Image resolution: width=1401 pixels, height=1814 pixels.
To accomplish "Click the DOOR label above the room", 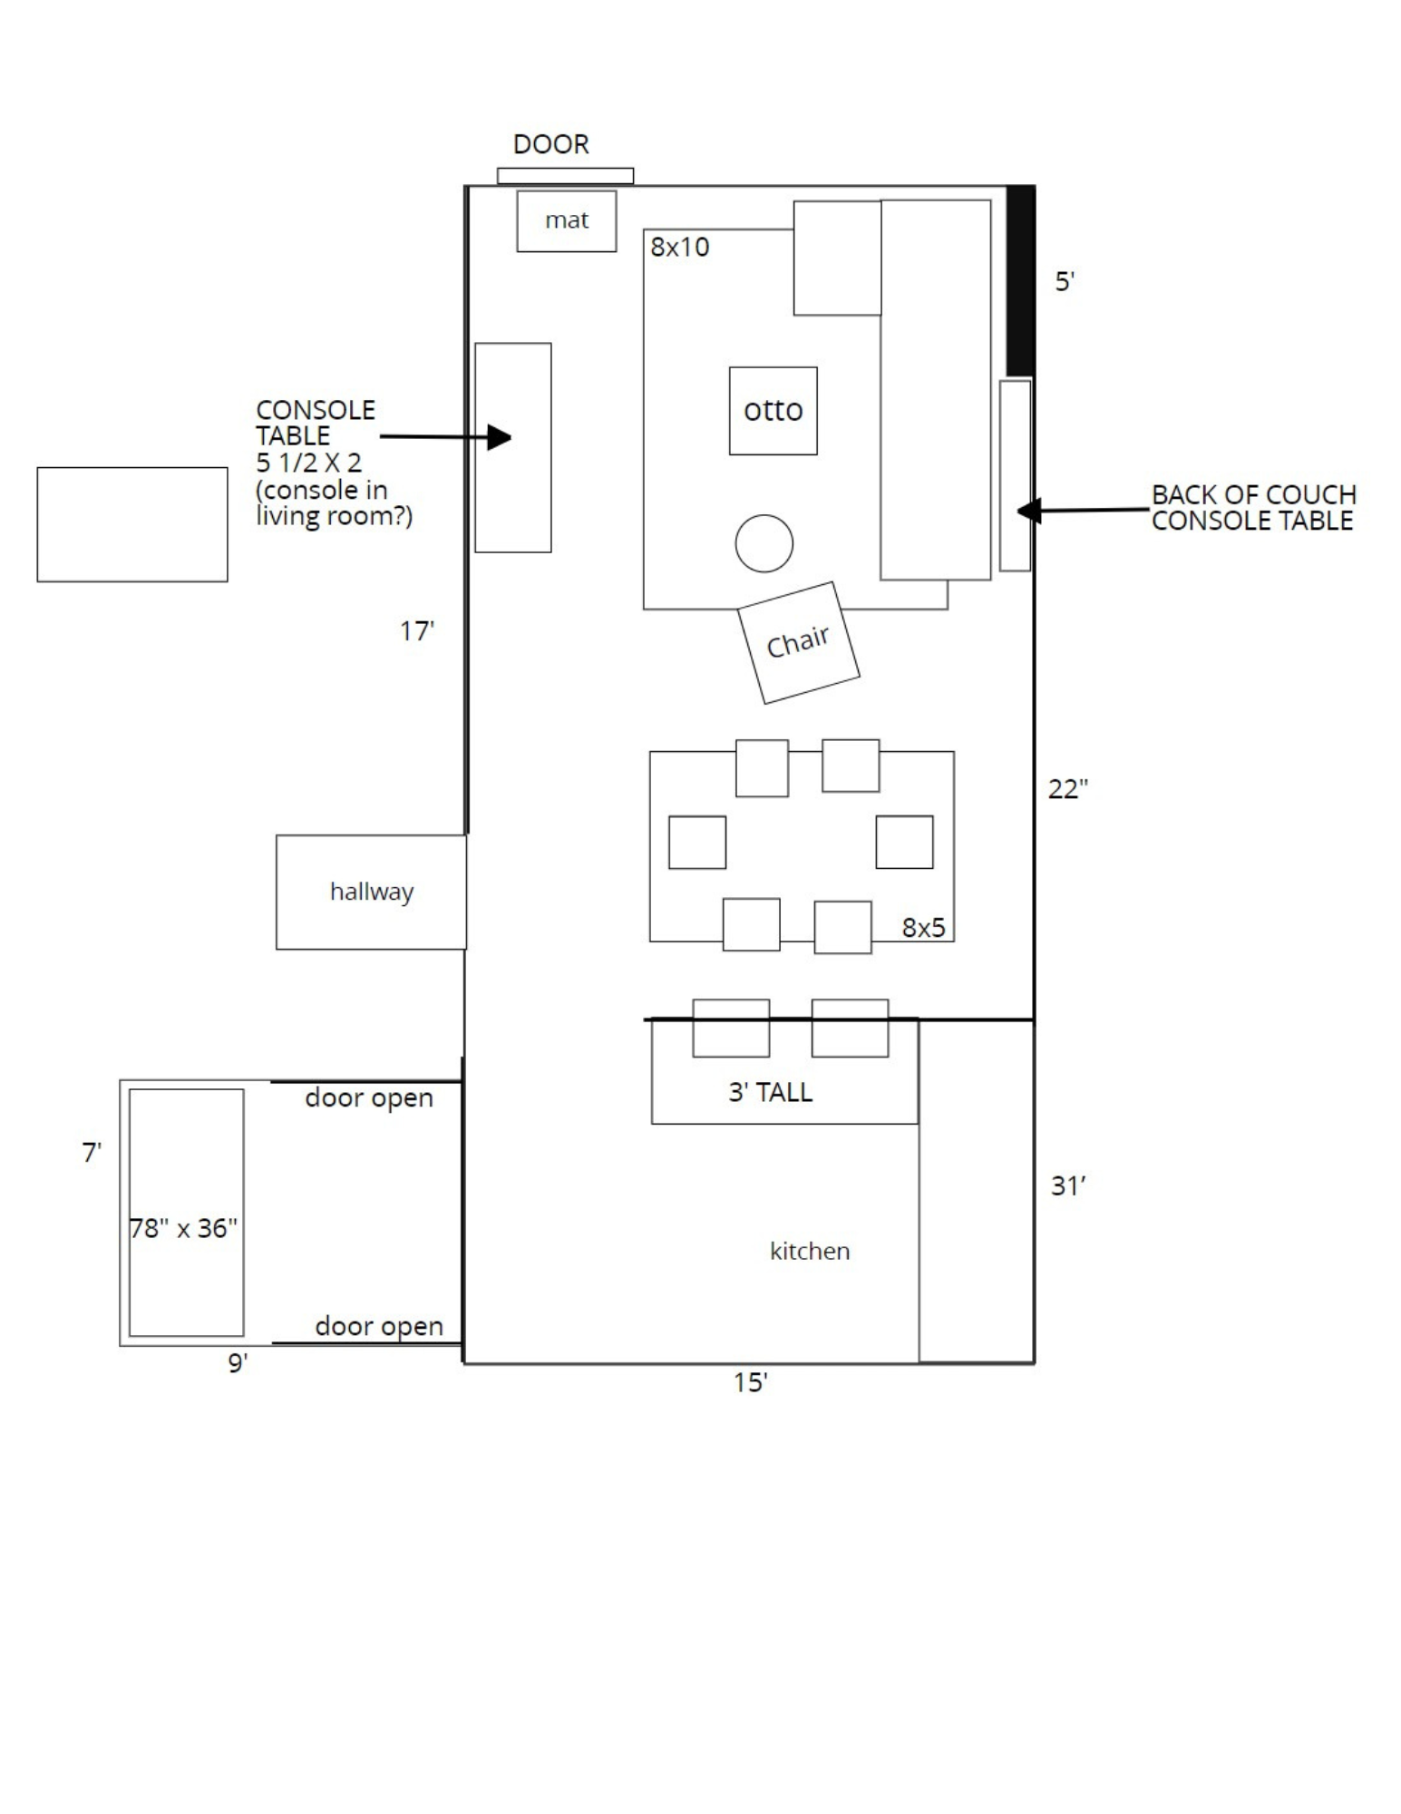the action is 550,144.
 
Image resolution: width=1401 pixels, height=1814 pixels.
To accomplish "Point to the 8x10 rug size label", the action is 679,247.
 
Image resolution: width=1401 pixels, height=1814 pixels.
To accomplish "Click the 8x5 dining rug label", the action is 923,927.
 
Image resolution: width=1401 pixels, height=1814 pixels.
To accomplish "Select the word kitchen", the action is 810,1251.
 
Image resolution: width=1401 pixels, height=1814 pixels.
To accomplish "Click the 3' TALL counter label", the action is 770,1092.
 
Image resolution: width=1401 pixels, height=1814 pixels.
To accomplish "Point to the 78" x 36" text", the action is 184,1228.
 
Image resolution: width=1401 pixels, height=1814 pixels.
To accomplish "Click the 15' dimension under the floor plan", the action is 751,1382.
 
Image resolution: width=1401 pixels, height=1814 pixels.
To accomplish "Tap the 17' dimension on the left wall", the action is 417,631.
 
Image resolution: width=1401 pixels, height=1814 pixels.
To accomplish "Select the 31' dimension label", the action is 1068,1185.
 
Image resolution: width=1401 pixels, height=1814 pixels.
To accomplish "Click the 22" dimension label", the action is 1068,789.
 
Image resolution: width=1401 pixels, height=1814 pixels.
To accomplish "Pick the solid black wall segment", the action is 1021,280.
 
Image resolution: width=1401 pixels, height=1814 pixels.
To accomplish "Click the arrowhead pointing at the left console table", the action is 500,437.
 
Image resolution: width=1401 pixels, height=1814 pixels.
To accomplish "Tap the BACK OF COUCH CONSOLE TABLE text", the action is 1253,508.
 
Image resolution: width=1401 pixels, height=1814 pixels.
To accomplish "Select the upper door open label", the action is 369,1098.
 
